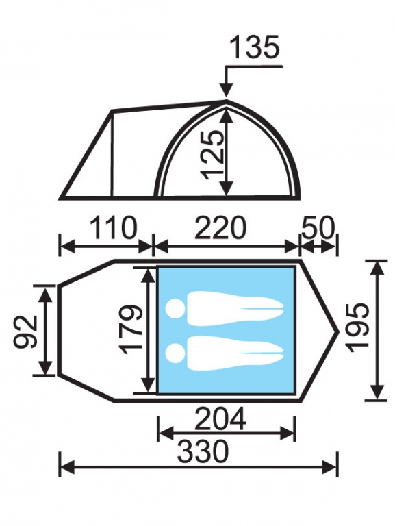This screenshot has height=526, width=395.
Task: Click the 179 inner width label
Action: pos(132,329)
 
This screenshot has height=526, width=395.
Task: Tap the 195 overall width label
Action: pos(359,328)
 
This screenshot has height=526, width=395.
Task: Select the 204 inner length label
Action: pos(220,418)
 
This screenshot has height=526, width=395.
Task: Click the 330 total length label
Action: pos(203,451)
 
